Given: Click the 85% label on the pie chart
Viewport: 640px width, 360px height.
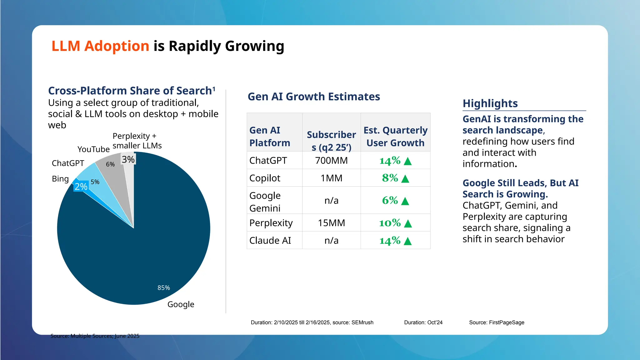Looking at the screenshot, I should tap(163, 287).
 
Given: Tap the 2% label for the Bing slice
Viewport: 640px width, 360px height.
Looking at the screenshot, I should tap(81, 186).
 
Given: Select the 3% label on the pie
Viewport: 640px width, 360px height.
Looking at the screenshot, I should tap(128, 159).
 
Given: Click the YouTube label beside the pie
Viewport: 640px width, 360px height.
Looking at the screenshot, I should tap(93, 149).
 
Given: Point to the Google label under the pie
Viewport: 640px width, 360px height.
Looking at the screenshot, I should tap(181, 304).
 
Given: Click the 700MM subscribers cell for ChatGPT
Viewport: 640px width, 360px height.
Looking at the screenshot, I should tap(331, 160).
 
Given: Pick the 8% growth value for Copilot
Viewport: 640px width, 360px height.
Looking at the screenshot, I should tap(390, 178).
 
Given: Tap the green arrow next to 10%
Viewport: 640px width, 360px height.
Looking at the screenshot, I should tap(408, 223).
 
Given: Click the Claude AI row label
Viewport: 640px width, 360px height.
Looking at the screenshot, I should tap(270, 240).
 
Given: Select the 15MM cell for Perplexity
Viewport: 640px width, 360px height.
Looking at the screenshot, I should tap(331, 223).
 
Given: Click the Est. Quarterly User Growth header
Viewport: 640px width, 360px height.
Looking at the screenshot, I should tap(395, 136).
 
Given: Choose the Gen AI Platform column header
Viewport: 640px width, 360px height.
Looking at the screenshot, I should tap(269, 136).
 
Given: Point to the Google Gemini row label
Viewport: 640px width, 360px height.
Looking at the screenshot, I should tap(265, 202).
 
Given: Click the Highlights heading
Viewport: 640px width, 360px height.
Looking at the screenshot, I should tap(490, 103).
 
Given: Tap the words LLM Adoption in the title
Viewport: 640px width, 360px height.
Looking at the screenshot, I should tap(100, 46).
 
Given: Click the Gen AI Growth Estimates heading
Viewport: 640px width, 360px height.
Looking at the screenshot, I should tap(314, 97).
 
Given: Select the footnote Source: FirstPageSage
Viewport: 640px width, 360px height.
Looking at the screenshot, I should tap(497, 322).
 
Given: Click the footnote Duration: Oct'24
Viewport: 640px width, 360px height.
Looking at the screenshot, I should tap(423, 322).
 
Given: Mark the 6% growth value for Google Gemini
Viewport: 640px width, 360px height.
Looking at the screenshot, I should tap(390, 200).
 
